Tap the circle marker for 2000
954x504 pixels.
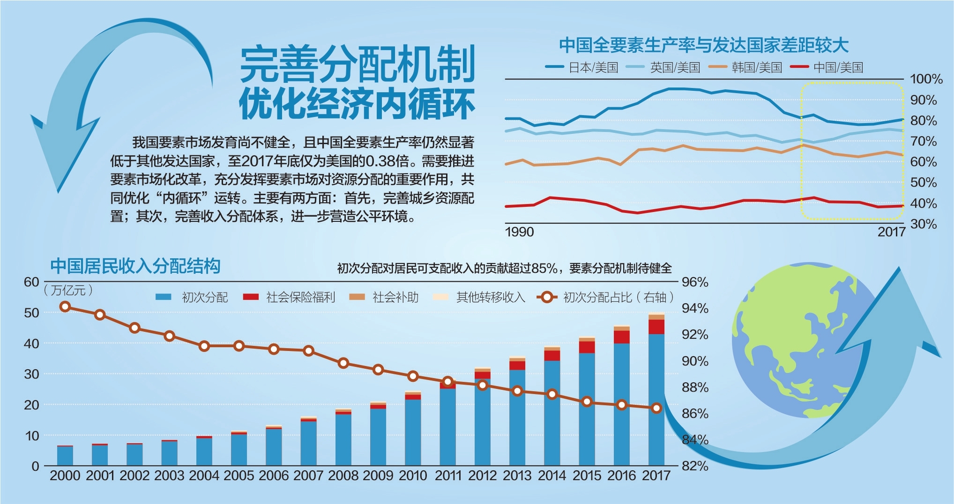click(x=66, y=307)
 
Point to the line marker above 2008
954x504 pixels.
click(x=343, y=363)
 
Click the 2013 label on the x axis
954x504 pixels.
click(x=517, y=476)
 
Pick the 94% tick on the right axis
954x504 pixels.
click(x=695, y=308)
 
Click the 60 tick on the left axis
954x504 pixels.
click(x=31, y=282)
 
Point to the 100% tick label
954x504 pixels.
click(x=926, y=79)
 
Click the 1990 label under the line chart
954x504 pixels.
click(x=519, y=232)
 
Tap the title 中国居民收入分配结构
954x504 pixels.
click(x=135, y=266)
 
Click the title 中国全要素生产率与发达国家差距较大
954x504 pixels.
click(x=704, y=45)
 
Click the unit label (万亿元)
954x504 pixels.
click(x=68, y=291)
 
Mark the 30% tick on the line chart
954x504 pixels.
click(x=923, y=224)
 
